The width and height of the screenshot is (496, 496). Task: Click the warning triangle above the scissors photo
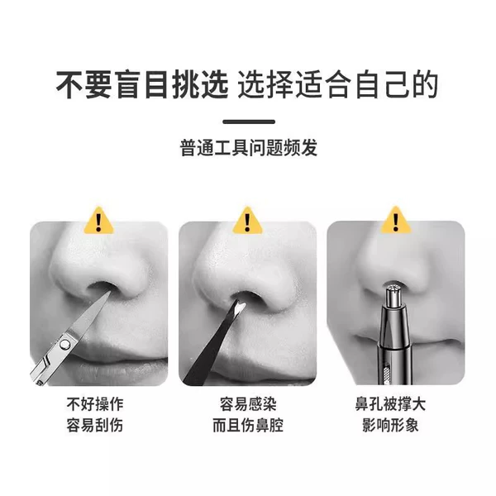(x=98, y=221)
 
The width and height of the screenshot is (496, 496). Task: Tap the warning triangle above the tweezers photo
(x=247, y=221)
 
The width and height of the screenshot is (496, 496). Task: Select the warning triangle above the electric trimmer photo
(x=396, y=220)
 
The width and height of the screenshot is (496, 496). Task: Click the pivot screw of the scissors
(x=65, y=344)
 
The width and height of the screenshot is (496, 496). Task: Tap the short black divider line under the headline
(x=249, y=122)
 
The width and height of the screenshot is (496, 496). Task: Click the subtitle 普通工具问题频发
(x=249, y=147)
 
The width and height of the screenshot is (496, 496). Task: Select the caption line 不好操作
(x=95, y=404)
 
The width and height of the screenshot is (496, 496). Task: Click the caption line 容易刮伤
(x=95, y=425)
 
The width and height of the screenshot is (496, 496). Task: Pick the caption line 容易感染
(x=248, y=404)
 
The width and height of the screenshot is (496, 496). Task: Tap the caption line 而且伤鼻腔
(x=248, y=425)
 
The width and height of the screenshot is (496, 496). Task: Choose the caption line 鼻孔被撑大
(x=390, y=404)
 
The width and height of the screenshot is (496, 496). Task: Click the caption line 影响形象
(x=390, y=425)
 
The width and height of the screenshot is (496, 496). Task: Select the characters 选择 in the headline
(x=265, y=85)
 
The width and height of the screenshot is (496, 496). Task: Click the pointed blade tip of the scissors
(x=109, y=292)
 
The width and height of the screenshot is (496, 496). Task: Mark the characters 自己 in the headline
(x=382, y=85)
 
